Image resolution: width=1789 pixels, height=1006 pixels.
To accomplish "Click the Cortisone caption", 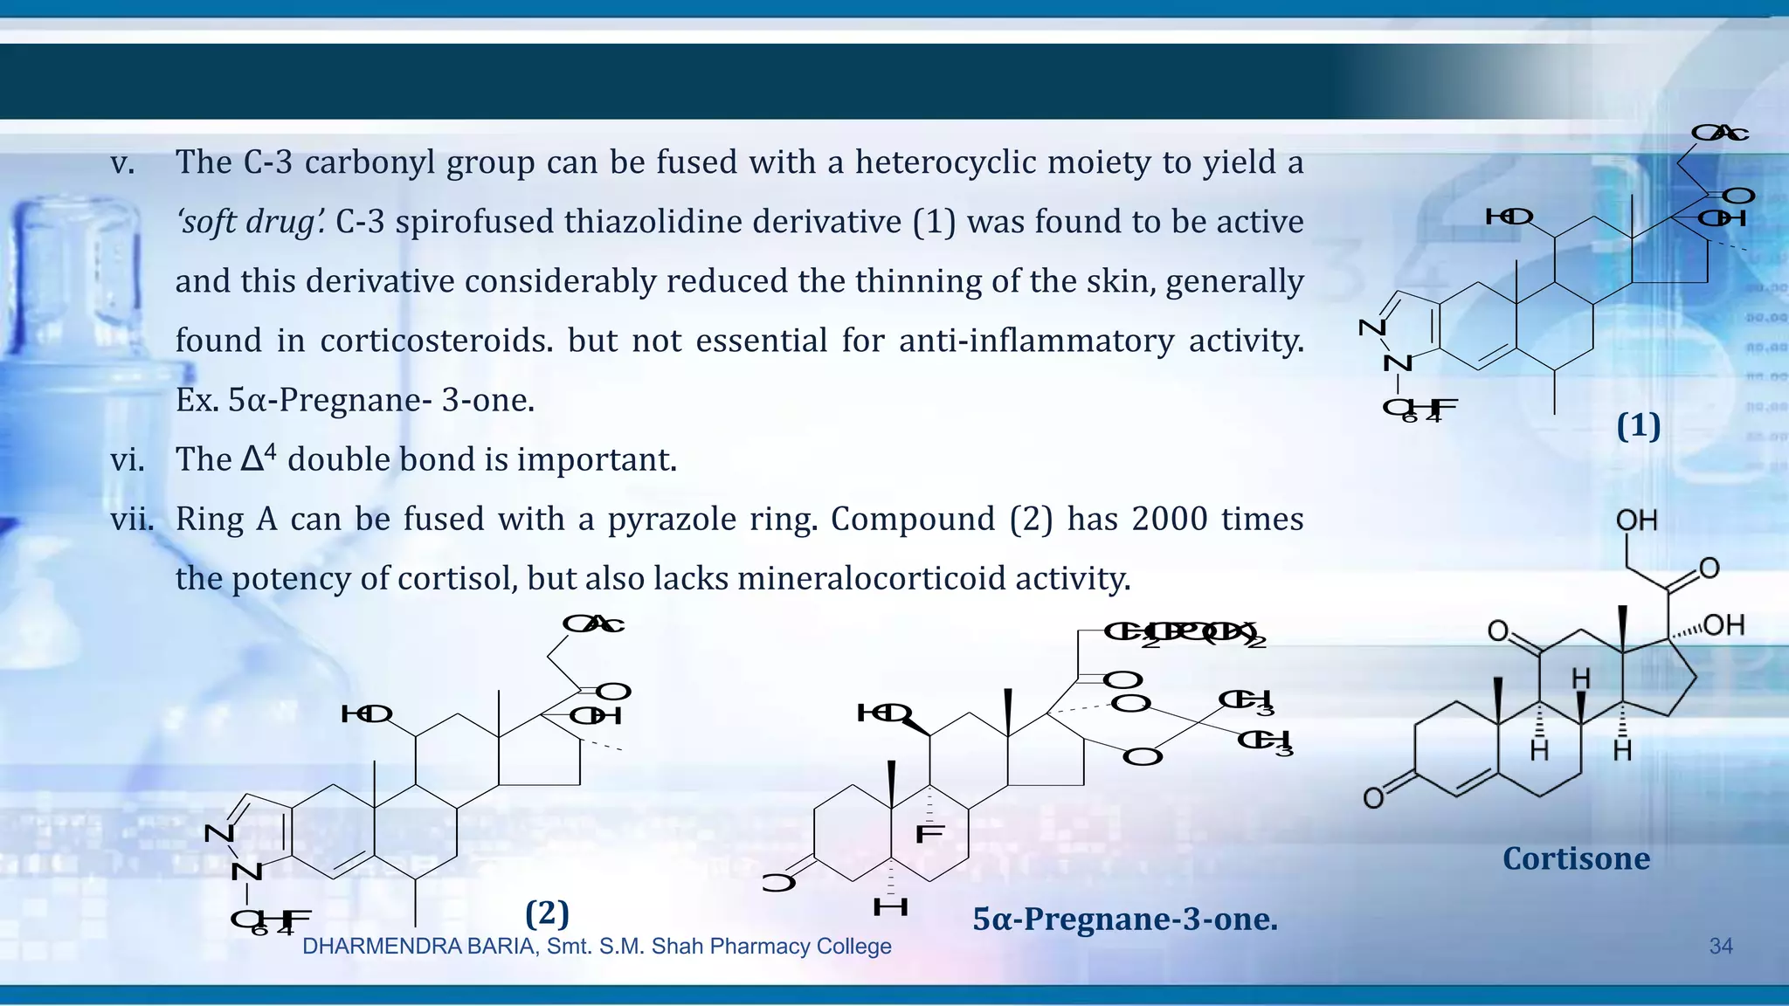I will (1576, 858).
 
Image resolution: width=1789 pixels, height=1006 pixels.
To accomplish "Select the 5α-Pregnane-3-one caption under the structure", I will (1125, 919).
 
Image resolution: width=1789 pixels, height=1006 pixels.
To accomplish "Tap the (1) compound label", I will (1638, 426).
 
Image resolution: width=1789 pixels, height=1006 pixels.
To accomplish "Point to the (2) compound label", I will (548, 913).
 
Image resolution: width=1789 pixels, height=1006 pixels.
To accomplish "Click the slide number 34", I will (1720, 946).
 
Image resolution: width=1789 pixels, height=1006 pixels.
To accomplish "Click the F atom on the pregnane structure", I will (929, 835).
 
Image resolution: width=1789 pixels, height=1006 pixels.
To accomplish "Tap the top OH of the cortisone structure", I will (1636, 520).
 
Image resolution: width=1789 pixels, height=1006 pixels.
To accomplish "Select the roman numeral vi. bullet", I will (128, 460).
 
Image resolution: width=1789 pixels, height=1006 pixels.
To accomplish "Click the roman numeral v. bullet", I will (122, 163).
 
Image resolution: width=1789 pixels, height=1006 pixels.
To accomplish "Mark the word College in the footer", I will (853, 947).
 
